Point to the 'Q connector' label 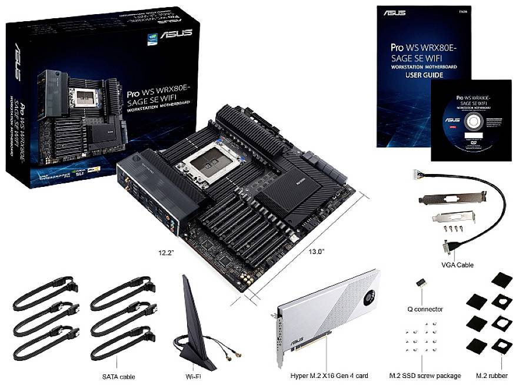[x=425, y=308]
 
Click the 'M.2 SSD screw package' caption [x=422, y=374]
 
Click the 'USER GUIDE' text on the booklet [x=424, y=75]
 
